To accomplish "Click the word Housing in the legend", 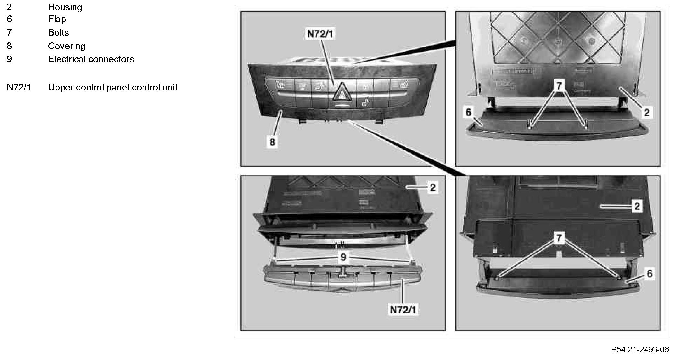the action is (65, 7).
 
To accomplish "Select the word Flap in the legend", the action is (57, 19).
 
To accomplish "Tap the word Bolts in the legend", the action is (58, 32).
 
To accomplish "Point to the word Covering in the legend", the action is (66, 46).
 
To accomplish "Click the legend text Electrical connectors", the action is (91, 59).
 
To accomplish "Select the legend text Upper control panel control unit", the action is (113, 87).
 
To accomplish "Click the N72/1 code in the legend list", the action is (19, 87).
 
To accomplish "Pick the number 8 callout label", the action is (272, 141).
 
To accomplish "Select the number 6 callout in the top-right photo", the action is (468, 112).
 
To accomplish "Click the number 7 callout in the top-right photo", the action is (559, 86).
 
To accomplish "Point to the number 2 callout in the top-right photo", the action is (647, 112).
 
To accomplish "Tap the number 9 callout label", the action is (343, 257).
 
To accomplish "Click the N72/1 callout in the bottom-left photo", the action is (403, 310).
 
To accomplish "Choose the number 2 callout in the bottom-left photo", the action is (433, 187).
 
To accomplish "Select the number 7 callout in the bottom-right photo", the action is (559, 238).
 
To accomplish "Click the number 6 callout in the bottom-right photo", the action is (650, 273).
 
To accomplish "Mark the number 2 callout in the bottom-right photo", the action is (637, 206).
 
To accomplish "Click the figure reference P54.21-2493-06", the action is (640, 349).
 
